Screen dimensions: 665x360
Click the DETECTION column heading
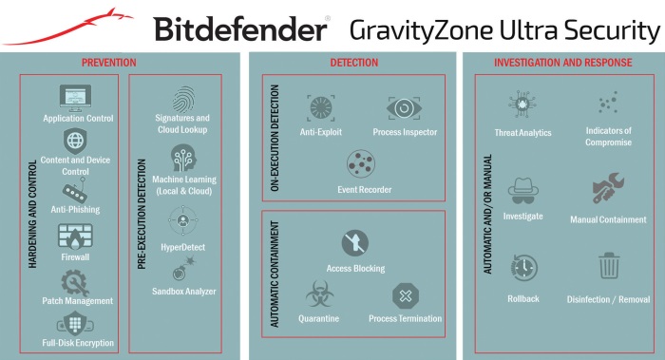pyautogui.click(x=353, y=63)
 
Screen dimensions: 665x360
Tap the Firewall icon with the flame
pyautogui.click(x=78, y=235)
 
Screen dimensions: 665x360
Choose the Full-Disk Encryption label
pyautogui.click(x=78, y=342)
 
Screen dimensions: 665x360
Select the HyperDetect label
pyautogui.click(x=181, y=247)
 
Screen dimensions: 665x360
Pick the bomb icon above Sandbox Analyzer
pyautogui.click(x=181, y=270)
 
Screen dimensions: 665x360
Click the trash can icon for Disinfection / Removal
pyautogui.click(x=608, y=267)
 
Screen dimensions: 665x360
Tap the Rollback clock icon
pyautogui.click(x=522, y=267)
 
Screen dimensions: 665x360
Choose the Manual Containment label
pyautogui.click(x=608, y=219)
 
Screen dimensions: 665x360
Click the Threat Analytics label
pyautogui.click(x=522, y=132)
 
